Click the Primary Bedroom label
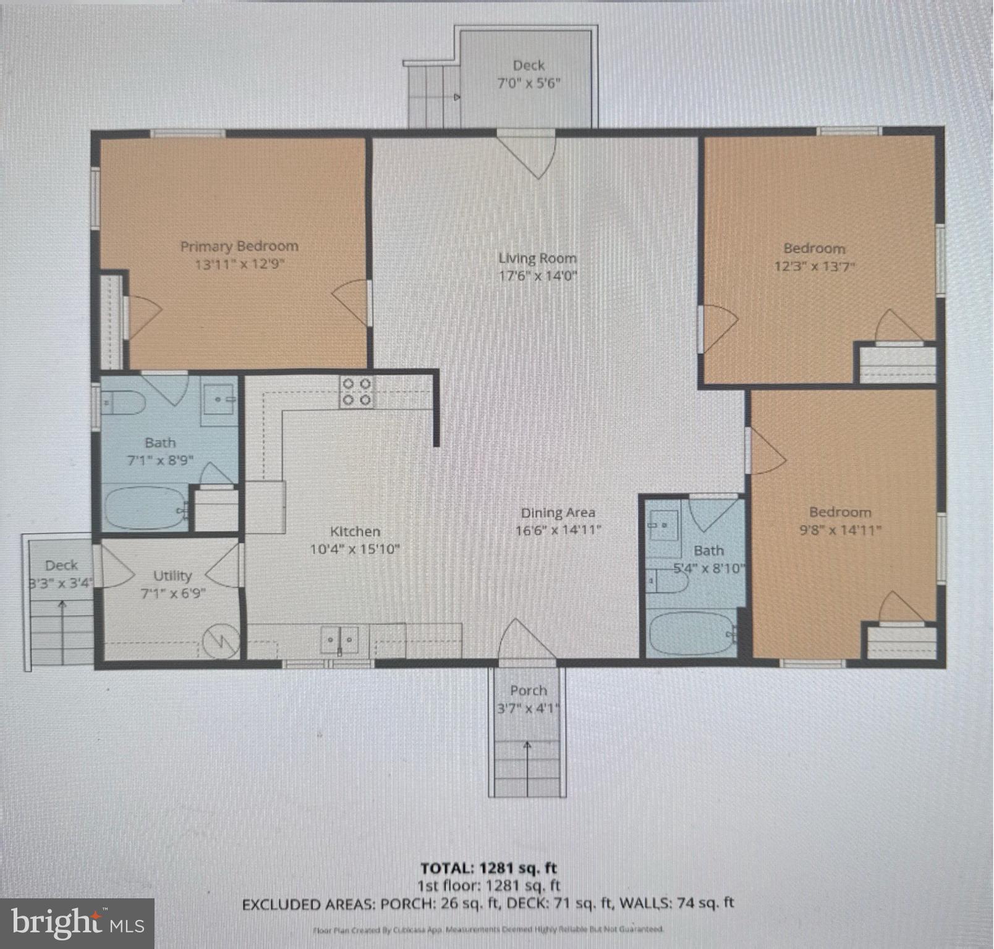pos(239,246)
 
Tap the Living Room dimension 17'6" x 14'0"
pos(537,276)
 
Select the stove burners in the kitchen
pos(357,392)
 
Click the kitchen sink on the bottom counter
pos(339,639)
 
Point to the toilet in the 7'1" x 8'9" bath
pos(124,403)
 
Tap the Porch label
pos(528,690)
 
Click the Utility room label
pos(172,575)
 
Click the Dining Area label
pos(558,512)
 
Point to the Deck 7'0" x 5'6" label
pos(529,65)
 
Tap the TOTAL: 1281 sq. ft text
pos(488,867)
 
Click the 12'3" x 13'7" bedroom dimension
pos(814,266)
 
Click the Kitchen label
pos(355,531)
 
